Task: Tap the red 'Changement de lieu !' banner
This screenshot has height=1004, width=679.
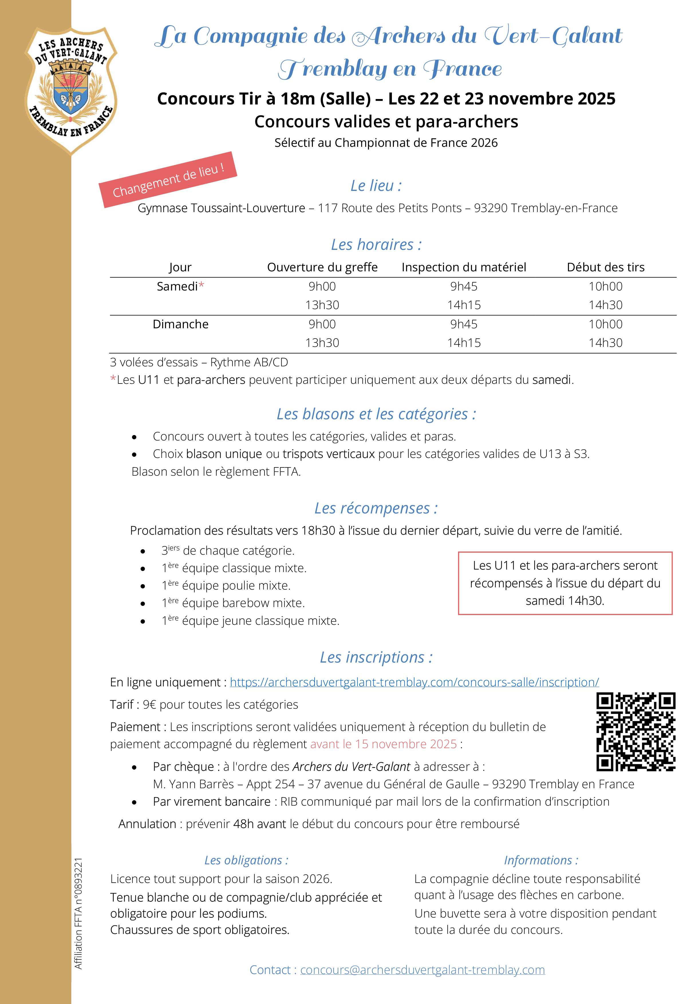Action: pos(168,180)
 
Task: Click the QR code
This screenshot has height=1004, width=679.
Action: pos(635,732)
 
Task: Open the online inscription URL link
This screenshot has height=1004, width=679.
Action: pos(414,682)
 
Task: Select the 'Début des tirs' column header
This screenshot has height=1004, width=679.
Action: pos(605,267)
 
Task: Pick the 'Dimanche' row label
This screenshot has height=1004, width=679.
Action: pos(180,324)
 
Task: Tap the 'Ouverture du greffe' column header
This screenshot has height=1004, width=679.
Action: pos(322,267)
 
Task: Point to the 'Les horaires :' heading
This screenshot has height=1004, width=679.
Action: pos(376,244)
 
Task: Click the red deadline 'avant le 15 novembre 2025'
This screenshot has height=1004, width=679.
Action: pos(383,744)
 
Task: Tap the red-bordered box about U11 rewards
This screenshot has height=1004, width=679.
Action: pos(565,583)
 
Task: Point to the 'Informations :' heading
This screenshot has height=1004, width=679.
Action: pos(541,860)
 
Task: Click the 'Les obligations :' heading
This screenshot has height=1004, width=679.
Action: pos(246,860)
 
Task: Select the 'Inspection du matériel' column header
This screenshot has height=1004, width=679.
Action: pos(464,267)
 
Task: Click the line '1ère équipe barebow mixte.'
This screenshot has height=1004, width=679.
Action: pos(233,603)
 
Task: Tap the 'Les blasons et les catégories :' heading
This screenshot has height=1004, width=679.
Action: pos(376,414)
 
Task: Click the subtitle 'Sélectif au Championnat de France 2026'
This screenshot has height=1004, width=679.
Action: pos(386,143)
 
